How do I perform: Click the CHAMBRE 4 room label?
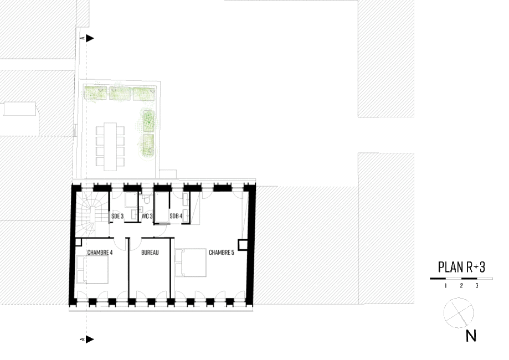coord(100,252)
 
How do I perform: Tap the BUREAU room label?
coord(150,252)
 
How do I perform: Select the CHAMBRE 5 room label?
coord(222,252)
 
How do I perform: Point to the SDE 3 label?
coord(117,216)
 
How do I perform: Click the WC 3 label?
coord(147,216)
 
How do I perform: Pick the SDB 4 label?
coord(176,216)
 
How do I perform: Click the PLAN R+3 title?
coord(461,267)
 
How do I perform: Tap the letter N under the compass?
coord(471,336)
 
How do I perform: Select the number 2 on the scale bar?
coord(461,286)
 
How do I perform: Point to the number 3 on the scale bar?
coord(476,286)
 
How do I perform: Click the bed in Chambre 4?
coord(92,269)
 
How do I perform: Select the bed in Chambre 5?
coord(191,263)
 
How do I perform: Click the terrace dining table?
coord(110,146)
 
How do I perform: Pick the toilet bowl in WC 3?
coord(147,199)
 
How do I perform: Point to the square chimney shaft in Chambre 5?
coord(243,244)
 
